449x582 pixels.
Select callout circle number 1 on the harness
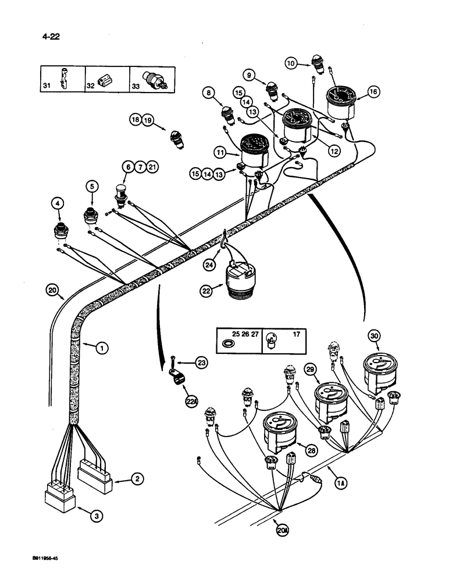(x=101, y=349)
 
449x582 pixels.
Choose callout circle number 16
(x=373, y=91)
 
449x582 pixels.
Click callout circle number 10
(x=291, y=62)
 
